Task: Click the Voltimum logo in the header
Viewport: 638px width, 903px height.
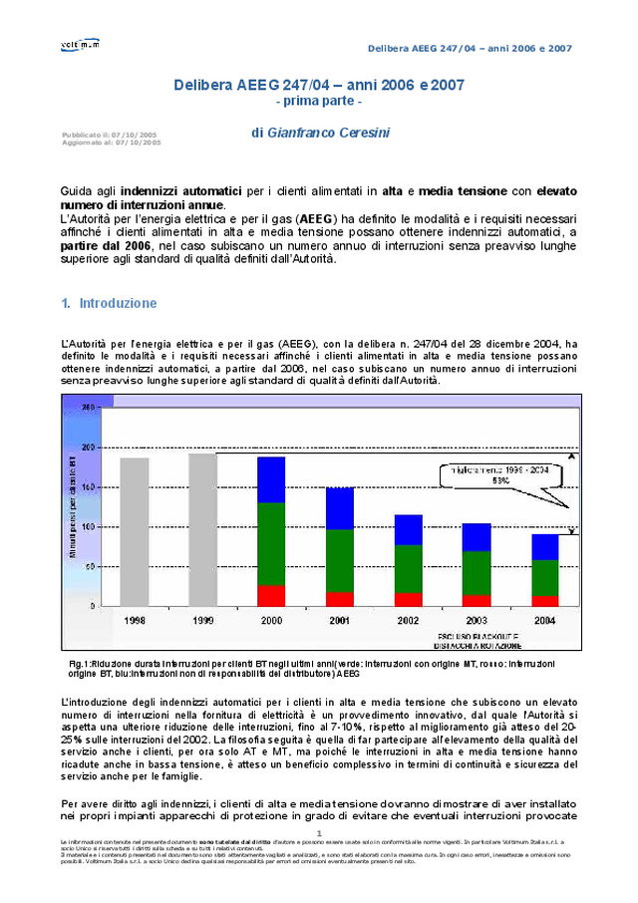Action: (80, 44)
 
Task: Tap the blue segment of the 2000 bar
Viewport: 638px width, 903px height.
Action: (271, 479)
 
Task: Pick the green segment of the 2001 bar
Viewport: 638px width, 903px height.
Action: (340, 560)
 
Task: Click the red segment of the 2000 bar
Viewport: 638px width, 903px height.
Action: (271, 595)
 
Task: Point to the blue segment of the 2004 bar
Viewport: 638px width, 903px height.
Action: (544, 547)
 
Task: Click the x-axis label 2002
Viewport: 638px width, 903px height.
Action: (408, 620)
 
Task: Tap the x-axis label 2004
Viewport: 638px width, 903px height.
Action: (544, 620)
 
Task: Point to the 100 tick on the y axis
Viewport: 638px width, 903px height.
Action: (89, 526)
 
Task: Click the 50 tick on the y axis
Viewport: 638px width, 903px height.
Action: (91, 566)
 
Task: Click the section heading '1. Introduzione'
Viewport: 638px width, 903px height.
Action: (109, 303)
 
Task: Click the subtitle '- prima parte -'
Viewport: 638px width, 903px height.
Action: (318, 102)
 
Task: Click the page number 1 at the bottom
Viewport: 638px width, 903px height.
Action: (318, 833)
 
